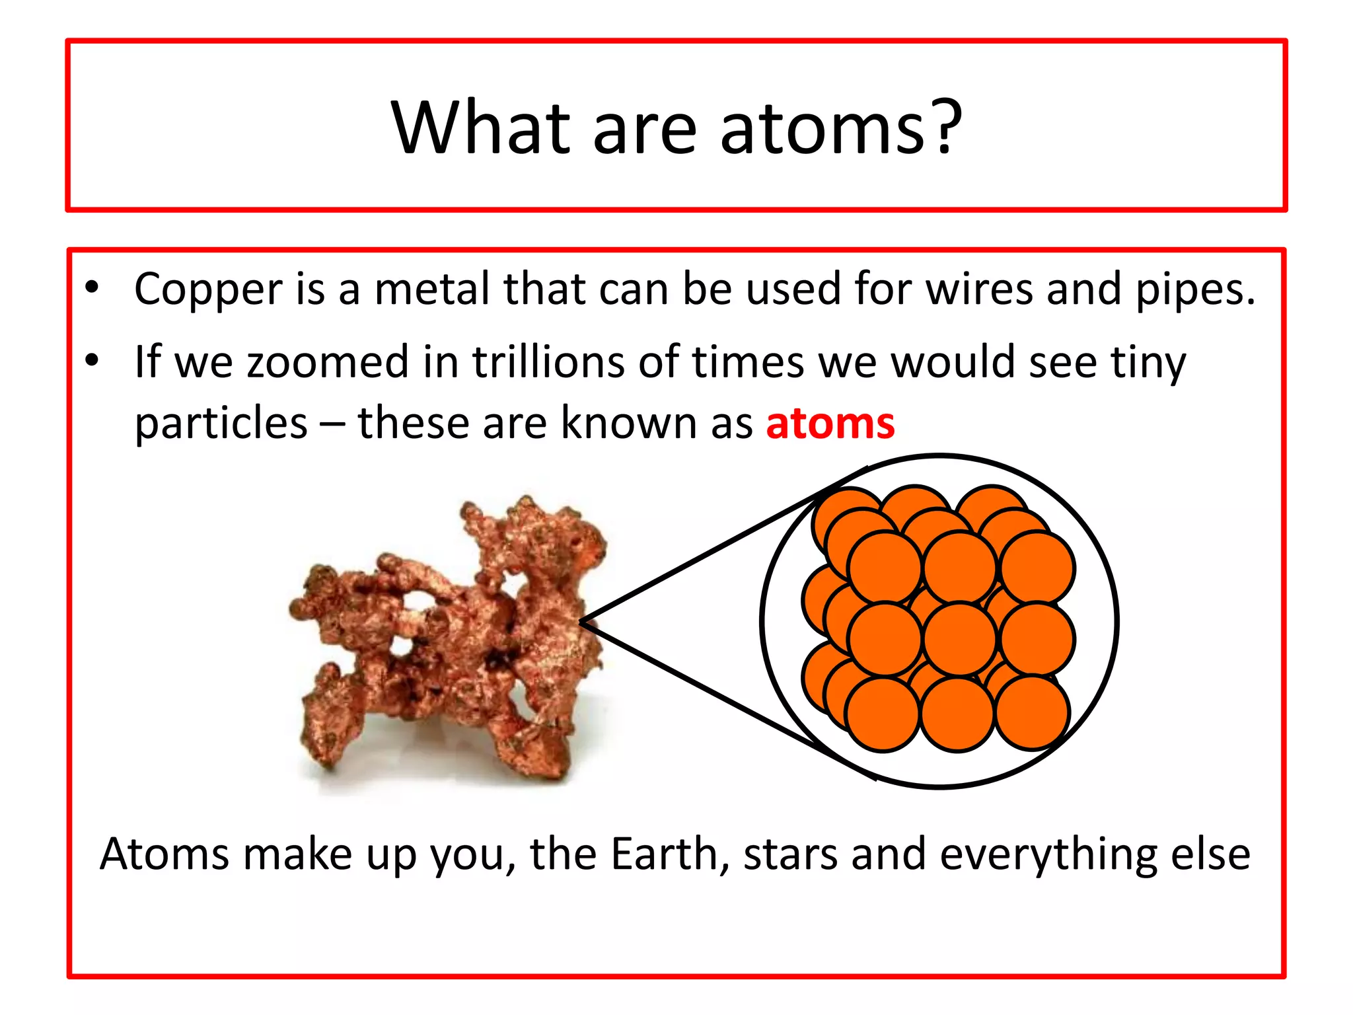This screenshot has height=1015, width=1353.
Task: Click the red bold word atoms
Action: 830,423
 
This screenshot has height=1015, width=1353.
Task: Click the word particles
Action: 221,424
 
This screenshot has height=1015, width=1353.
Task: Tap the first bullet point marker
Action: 92,287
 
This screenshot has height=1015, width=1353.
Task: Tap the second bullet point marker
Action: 92,360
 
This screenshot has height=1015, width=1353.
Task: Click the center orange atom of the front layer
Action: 959,640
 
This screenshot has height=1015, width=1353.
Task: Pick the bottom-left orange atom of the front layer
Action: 882,715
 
